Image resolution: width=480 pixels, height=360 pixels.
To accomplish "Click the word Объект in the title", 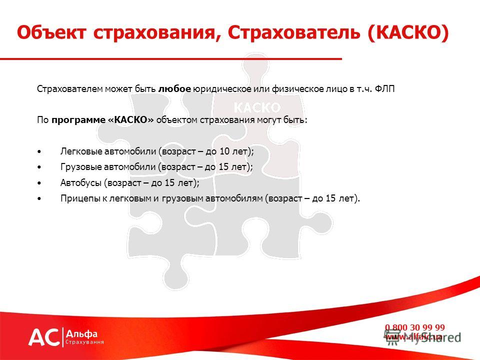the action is [x=51, y=32].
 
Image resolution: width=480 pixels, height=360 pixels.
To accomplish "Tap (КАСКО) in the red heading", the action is [x=408, y=33].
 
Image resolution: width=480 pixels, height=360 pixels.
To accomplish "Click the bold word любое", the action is [x=174, y=89].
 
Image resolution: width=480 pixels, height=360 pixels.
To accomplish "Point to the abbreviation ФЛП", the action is [x=384, y=89].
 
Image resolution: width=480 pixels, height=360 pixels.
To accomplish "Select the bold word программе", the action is [x=78, y=120].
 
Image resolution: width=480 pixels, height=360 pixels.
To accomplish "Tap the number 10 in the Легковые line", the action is [x=224, y=151].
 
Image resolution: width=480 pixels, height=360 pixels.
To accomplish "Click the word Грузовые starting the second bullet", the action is [x=81, y=167].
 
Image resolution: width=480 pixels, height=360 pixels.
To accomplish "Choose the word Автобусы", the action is [x=81, y=183].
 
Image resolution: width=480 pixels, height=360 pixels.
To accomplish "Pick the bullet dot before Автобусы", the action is [x=39, y=183].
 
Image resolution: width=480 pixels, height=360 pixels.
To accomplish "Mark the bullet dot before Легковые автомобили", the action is [x=39, y=151].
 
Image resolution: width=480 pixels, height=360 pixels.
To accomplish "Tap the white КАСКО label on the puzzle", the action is [x=257, y=108].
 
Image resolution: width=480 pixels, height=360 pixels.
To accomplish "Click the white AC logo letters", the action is [x=44, y=337].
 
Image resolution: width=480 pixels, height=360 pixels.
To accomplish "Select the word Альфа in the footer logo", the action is [x=81, y=333].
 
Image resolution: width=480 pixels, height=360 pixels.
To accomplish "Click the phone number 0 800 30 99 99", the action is [x=415, y=327].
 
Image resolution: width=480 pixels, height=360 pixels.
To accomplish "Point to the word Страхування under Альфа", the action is [x=85, y=342].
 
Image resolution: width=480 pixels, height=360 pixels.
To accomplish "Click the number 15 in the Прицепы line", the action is [x=330, y=198].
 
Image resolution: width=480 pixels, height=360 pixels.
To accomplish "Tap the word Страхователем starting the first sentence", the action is [x=70, y=89].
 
